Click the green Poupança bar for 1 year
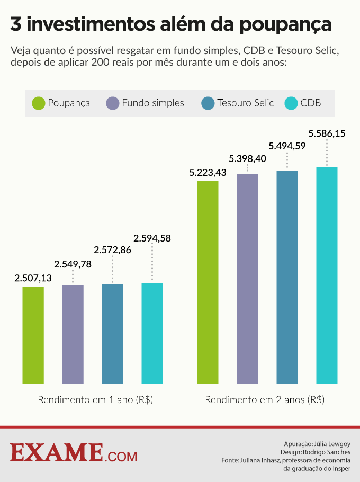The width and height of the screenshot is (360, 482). click(33, 335)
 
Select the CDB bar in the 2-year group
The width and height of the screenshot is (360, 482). click(327, 275)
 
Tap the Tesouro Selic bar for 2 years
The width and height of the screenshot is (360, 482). click(287, 277)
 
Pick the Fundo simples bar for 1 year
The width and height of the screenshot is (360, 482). click(73, 334)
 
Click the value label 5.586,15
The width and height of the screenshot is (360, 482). click(327, 133)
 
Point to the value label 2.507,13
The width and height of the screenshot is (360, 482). click(33, 278)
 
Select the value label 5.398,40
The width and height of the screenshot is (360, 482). click(247, 158)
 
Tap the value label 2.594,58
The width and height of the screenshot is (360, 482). click(152, 238)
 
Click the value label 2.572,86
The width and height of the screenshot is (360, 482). click(112, 249)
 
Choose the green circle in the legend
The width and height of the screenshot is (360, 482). click(39, 103)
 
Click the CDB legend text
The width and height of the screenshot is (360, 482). click(311, 103)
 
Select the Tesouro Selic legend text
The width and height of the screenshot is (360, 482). click(245, 103)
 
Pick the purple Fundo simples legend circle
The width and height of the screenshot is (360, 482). click(113, 103)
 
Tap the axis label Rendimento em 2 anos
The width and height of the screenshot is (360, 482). click(265, 400)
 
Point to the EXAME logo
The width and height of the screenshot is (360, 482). click(73, 452)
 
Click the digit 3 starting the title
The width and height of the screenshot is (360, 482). click(16, 24)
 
